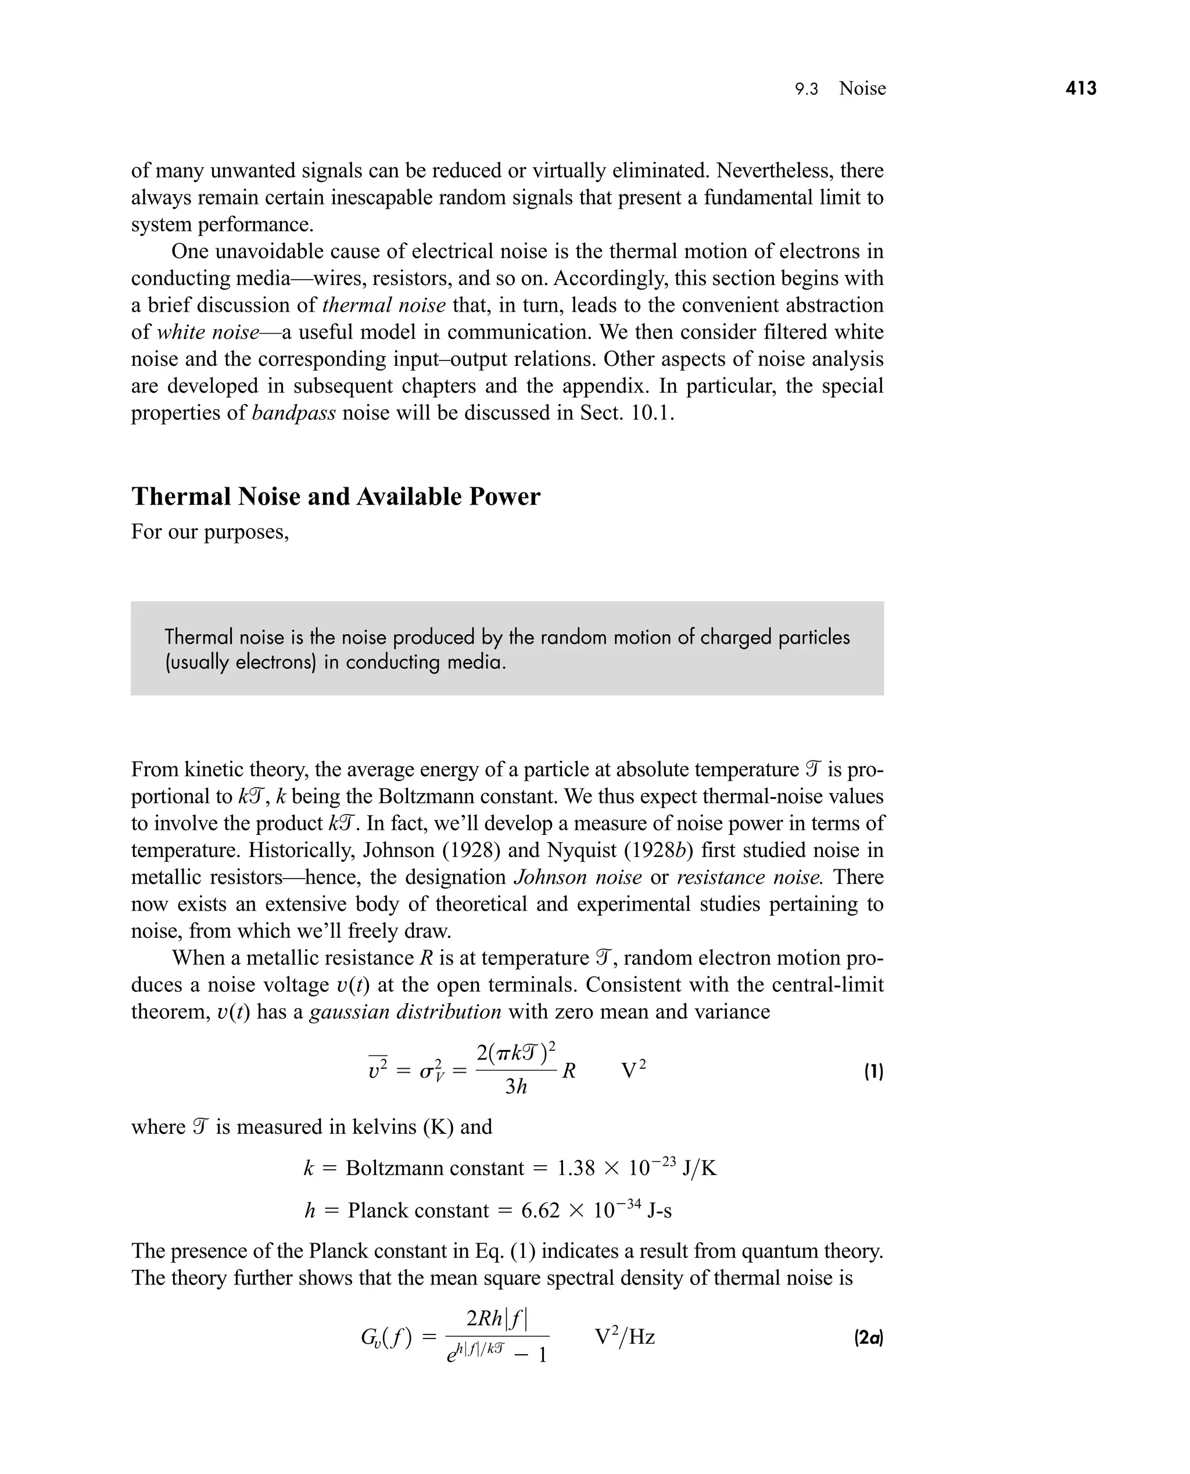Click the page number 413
1081,88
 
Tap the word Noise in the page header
862,88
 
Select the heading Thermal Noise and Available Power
336,496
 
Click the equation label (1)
873,1072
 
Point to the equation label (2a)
869,1337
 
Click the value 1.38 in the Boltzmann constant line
575,1168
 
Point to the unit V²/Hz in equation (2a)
625,1337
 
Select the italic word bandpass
293,413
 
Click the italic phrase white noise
207,332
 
